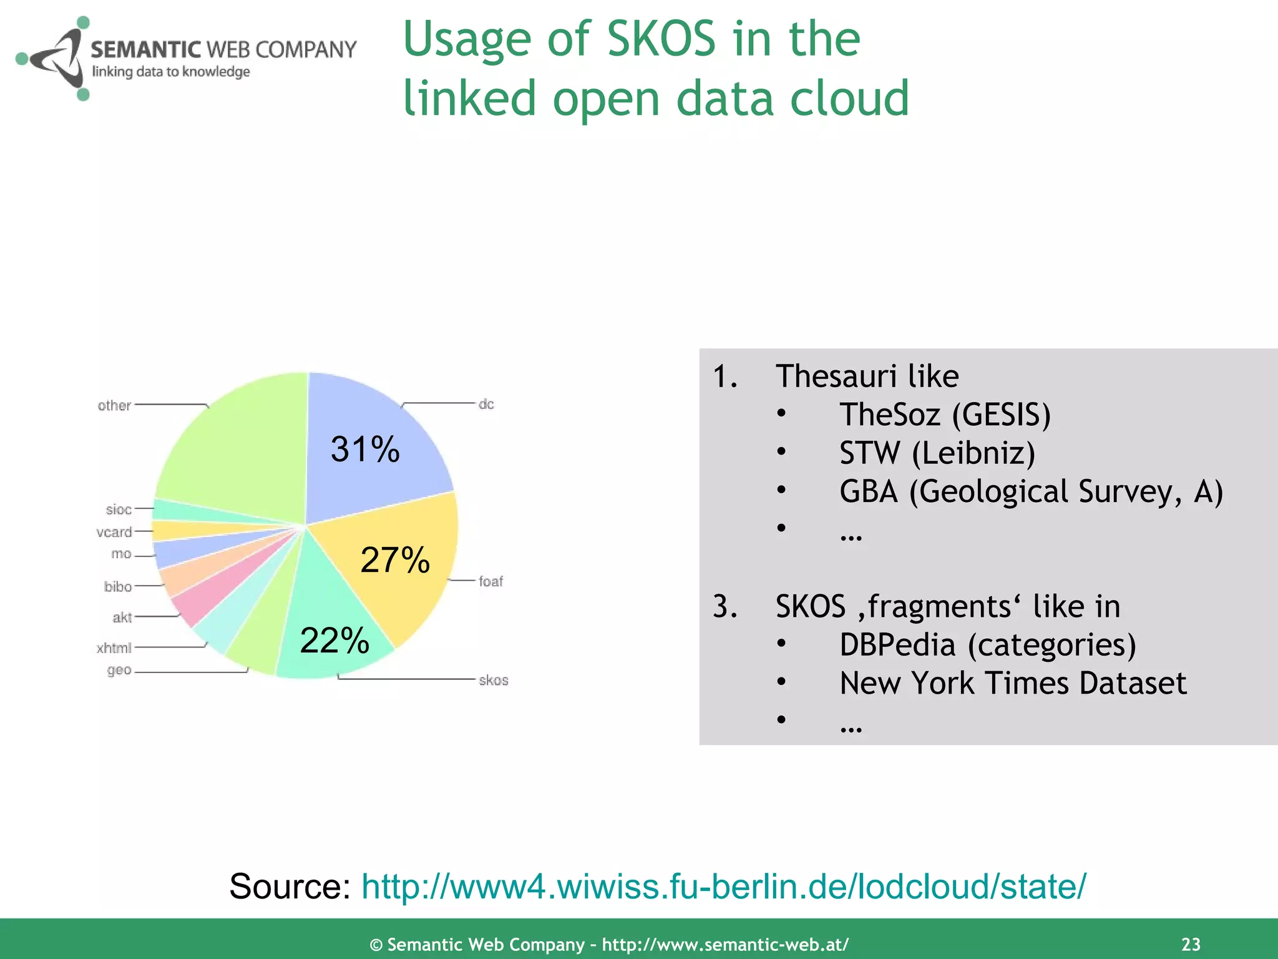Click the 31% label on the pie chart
[365, 450]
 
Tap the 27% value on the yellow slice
[395, 560]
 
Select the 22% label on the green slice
[334, 641]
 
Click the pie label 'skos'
[493, 680]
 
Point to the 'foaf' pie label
[490, 581]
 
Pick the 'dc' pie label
[486, 404]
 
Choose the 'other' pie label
[114, 405]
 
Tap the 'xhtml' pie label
[114, 647]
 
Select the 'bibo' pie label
[117, 586]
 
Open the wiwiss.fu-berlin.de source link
[724, 886]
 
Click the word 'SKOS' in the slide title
[661, 39]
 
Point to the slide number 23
[1191, 944]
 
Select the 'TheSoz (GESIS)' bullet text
[945, 415]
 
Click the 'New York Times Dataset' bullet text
[1013, 683]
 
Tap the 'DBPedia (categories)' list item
[987, 645]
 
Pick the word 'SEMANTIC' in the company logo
[145, 49]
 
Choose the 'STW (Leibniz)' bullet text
[937, 453]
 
